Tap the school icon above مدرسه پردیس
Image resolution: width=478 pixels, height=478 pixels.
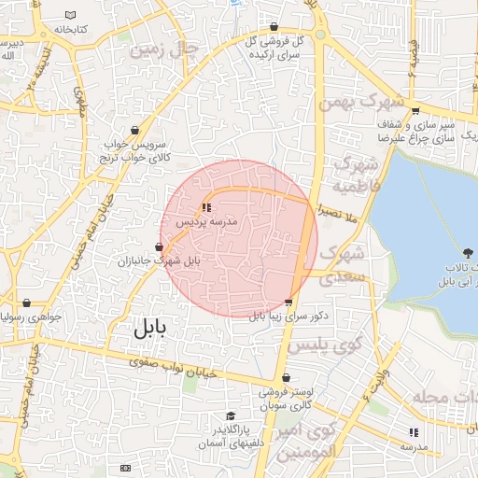coord(206,207)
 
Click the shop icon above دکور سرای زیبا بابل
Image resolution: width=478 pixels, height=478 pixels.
coord(288,302)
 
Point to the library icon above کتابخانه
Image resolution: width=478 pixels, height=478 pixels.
coord(71,15)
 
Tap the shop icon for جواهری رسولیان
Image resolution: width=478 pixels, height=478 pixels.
coord(26,303)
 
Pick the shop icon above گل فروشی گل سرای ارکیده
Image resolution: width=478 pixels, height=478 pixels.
coord(273,27)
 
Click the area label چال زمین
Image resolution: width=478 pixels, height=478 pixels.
coord(164,49)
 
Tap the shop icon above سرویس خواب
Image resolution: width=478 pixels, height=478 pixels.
coord(136,131)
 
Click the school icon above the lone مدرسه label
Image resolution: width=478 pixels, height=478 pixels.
coord(414,432)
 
